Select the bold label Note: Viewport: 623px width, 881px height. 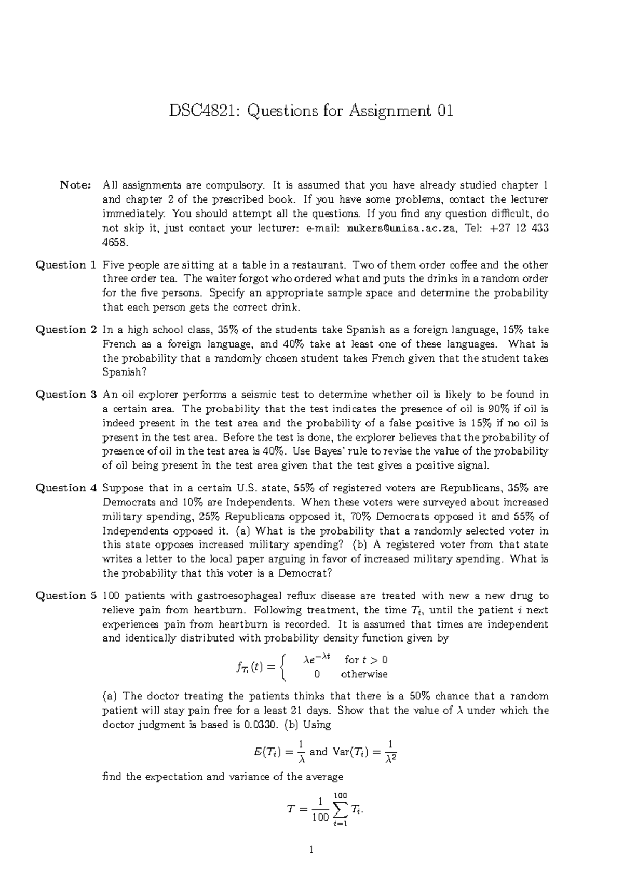point(76,185)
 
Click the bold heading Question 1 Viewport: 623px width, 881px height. point(65,265)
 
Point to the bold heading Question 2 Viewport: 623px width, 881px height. point(65,330)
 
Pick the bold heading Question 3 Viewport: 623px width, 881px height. point(65,395)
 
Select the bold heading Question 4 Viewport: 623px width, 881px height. point(65,488)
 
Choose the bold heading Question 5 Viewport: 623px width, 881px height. point(65,596)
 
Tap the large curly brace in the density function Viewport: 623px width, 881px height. point(282,667)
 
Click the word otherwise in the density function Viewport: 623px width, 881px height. point(364,675)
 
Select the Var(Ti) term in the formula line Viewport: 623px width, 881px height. point(351,752)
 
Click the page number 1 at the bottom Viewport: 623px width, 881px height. point(311,850)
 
